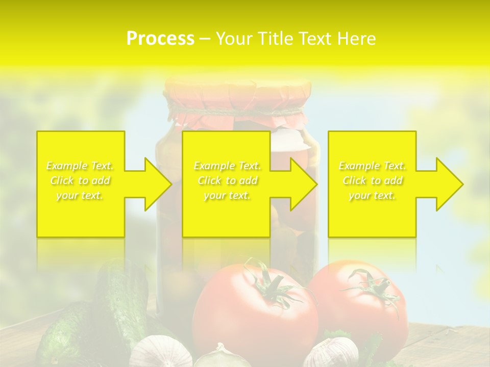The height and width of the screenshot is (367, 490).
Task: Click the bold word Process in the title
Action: (x=160, y=38)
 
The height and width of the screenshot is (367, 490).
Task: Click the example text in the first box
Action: (x=80, y=180)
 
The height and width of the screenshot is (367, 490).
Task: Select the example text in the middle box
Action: (x=227, y=180)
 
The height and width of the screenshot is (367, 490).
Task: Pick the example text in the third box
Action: (x=372, y=180)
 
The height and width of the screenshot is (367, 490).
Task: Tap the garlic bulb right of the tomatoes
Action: (x=334, y=352)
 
